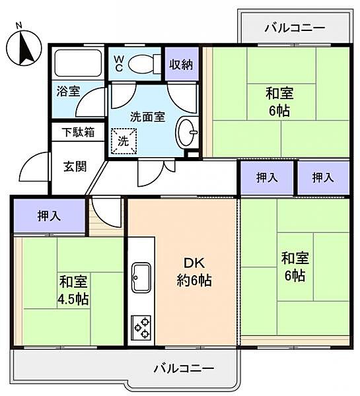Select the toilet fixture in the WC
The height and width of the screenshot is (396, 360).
tap(141, 63)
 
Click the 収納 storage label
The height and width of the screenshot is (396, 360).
tap(180, 64)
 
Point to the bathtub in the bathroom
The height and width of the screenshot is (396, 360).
tap(77, 64)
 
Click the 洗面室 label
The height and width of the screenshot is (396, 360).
tap(147, 117)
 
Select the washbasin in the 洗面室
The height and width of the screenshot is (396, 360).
tap(187, 135)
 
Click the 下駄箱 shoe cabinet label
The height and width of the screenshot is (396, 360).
tap(78, 131)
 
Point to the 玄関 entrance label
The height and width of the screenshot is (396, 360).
tap(75, 166)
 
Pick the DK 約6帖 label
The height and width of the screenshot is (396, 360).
tap(192, 271)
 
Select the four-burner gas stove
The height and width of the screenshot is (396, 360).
tap(141, 327)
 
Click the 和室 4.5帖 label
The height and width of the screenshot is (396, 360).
tap(73, 290)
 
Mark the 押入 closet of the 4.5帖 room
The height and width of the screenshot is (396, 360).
tap(48, 215)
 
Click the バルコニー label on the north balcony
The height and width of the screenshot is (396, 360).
tap(294, 28)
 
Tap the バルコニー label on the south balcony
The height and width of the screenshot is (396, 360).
tap(183, 367)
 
